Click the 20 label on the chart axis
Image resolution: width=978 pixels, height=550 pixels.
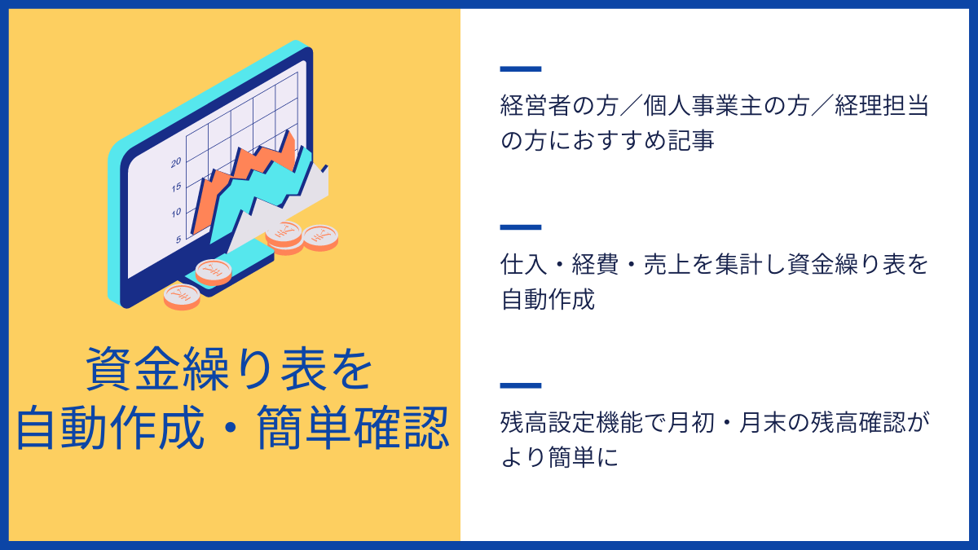(x=176, y=163)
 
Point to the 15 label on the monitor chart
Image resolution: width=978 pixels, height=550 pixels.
(x=176, y=187)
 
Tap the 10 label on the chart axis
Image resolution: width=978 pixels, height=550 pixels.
(x=176, y=213)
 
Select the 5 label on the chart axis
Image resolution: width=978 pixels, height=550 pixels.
(x=178, y=240)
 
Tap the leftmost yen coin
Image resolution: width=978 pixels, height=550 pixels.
(x=182, y=297)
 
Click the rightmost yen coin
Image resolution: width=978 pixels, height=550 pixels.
(x=320, y=237)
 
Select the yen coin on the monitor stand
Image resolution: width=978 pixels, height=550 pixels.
(x=214, y=272)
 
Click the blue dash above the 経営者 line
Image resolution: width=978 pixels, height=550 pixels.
(x=521, y=69)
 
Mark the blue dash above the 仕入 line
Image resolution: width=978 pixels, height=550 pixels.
(x=521, y=227)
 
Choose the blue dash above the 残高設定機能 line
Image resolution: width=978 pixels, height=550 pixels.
(x=521, y=385)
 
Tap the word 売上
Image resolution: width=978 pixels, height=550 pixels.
(x=667, y=264)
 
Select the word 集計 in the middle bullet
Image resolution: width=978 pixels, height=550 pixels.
(x=738, y=264)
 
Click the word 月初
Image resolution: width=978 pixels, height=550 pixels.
(x=691, y=423)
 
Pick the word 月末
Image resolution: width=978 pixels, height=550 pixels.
(x=763, y=423)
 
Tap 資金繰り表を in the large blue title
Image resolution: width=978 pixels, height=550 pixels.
(x=229, y=369)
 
